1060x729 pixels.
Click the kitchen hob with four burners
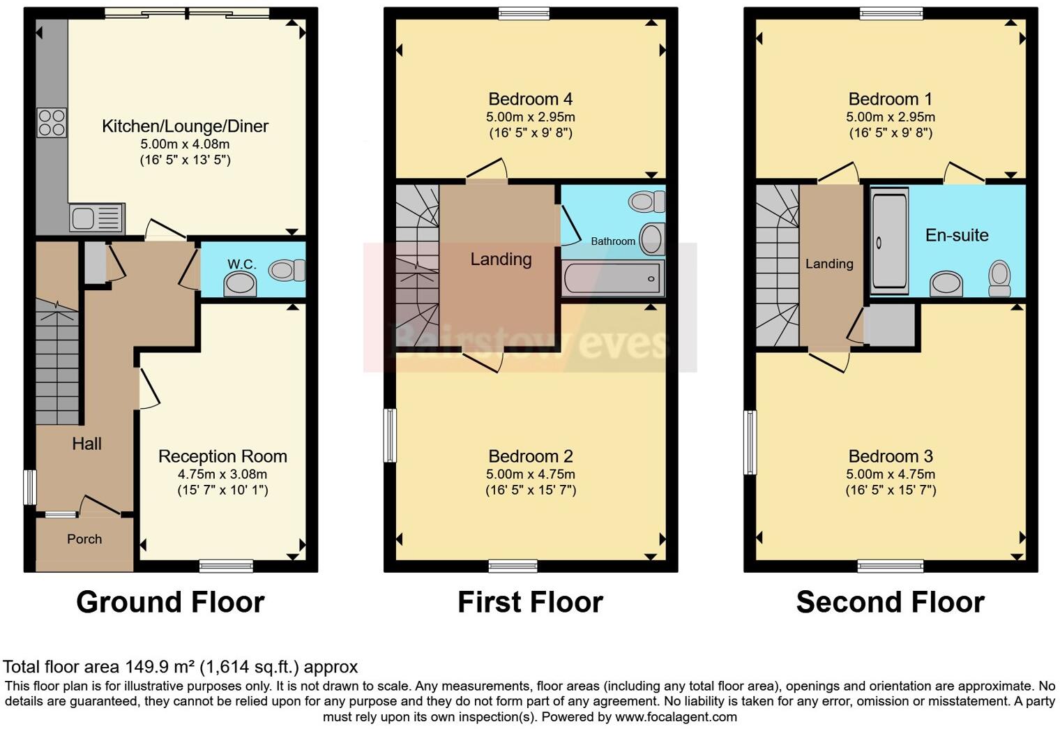pyautogui.click(x=52, y=123)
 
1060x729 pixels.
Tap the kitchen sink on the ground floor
pyautogui.click(x=96, y=218)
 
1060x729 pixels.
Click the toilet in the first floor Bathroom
pyautogui.click(x=646, y=202)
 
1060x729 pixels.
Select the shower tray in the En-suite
pyautogui.click(x=889, y=241)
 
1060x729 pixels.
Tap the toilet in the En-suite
pyautogui.click(x=1000, y=279)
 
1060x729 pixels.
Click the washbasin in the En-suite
pyautogui.click(x=947, y=284)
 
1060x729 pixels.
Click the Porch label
pyautogui.click(x=84, y=539)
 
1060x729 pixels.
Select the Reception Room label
pyautogui.click(x=222, y=456)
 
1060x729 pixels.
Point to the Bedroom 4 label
pyautogui.click(x=531, y=99)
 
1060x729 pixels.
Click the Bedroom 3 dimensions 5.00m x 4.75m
pyautogui.click(x=891, y=474)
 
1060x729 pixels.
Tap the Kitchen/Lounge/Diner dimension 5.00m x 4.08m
pyautogui.click(x=185, y=144)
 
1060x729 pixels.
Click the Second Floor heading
pyautogui.click(x=890, y=602)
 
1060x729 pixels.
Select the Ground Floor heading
pyautogui.click(x=170, y=602)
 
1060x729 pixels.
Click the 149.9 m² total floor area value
pyautogui.click(x=160, y=667)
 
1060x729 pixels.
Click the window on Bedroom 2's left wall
pyautogui.click(x=390, y=435)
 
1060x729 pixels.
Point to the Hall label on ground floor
pyautogui.click(x=86, y=444)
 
